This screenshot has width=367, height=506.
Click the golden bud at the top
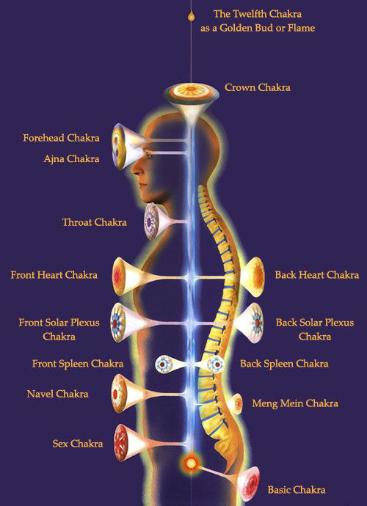coord(191,15)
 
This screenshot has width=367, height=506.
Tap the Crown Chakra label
coord(258,87)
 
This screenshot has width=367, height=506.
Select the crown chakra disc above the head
coord(191,92)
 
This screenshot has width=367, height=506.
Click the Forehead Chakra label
coord(61,138)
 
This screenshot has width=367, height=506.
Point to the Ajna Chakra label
coord(71,159)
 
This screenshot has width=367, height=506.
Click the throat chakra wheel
coord(151,221)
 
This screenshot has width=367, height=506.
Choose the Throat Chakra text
coord(95,222)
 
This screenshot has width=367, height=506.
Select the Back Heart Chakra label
coord(317,275)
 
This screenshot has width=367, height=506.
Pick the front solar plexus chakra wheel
coord(118,322)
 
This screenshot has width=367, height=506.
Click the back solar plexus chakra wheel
coord(256,323)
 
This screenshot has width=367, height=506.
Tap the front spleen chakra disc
coord(164,364)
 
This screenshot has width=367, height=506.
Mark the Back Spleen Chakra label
coord(284,364)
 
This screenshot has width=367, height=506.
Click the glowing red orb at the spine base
coord(191,463)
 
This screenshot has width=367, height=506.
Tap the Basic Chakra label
coord(297,490)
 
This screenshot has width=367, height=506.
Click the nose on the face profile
coord(135,169)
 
